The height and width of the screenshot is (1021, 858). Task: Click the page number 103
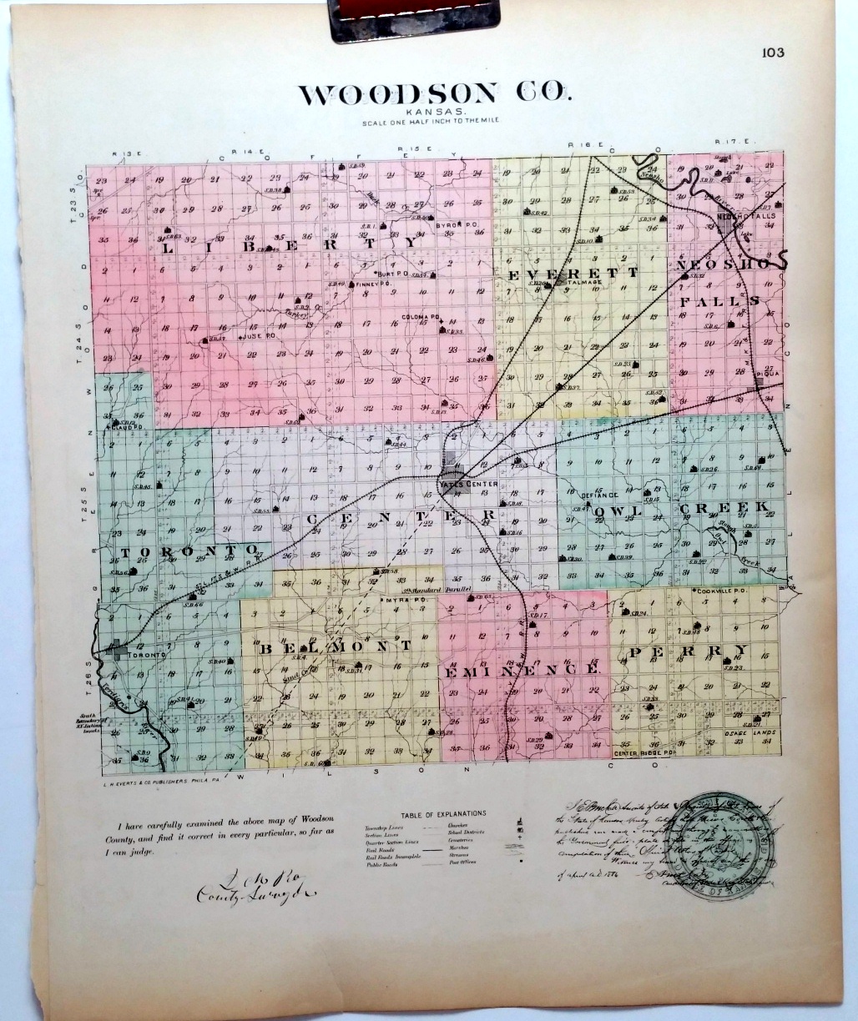(x=773, y=53)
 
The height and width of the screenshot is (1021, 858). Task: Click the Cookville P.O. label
(x=719, y=590)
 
